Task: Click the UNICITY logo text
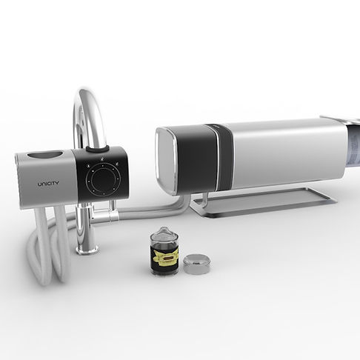tap(48, 184)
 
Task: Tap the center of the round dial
tap(103, 178)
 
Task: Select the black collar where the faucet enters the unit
tap(97, 149)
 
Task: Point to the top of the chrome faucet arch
tap(87, 92)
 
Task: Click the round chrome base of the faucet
tap(87, 249)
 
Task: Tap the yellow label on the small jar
tap(165, 256)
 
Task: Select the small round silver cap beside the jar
tap(197, 264)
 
